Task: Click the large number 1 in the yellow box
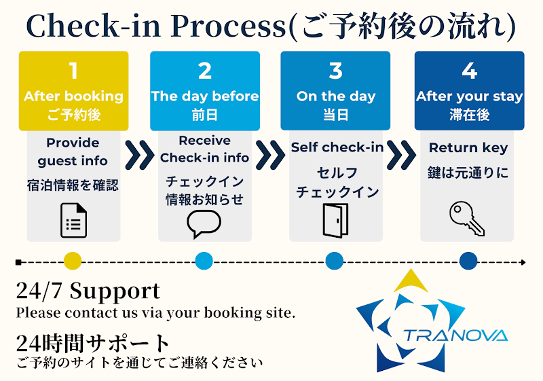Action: tap(73, 71)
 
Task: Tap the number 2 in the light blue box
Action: tap(205, 71)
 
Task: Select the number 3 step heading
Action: tap(335, 71)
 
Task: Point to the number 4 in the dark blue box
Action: tap(469, 71)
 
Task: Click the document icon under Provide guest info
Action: tap(73, 220)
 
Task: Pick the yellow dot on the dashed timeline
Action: tap(72, 261)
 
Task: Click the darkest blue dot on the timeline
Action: tap(468, 261)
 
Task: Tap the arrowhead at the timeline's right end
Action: tap(523, 261)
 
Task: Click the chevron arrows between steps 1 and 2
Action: tap(140, 155)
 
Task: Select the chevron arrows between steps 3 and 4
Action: tap(402, 155)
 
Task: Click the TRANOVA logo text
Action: tap(455, 335)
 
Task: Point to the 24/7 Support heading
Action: tap(88, 292)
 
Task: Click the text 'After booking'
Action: tap(73, 96)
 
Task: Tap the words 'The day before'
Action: tap(205, 96)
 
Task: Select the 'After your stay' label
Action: tap(469, 96)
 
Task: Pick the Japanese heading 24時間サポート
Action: tap(93, 342)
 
